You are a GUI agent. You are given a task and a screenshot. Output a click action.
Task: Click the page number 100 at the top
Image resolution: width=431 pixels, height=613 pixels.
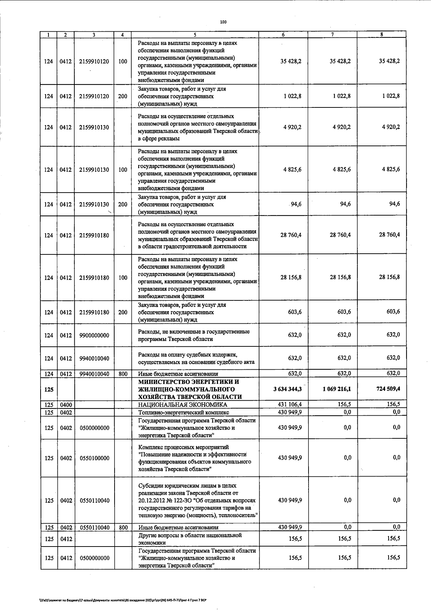[223, 22]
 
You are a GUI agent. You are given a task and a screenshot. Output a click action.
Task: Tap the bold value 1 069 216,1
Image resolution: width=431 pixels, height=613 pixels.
[337, 389]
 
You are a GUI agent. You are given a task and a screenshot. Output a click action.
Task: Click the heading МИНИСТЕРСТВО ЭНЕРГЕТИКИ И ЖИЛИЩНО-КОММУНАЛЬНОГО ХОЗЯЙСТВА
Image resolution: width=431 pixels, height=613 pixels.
[190, 389]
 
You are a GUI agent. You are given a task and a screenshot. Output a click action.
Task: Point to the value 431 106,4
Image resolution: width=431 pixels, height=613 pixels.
[290, 404]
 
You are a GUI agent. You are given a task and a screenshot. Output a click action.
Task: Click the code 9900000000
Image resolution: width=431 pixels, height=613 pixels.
[94, 336]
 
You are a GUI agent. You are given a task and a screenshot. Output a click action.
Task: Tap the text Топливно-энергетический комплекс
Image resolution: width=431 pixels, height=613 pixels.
[184, 412]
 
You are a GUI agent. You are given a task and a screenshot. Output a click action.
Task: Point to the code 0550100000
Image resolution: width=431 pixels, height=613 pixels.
[94, 458]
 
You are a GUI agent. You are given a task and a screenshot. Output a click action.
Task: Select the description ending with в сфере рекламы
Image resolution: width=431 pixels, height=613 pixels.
[197, 127]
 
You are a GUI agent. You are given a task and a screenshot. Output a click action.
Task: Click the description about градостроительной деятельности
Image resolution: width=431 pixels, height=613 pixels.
[197, 235]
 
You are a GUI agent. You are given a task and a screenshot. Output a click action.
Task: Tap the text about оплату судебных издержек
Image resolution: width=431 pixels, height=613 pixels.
[196, 358]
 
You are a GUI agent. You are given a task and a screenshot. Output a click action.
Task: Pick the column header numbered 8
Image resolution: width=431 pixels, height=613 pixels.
[381, 35]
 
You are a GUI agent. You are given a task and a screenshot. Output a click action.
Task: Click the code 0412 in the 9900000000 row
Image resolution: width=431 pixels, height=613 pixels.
[66, 336]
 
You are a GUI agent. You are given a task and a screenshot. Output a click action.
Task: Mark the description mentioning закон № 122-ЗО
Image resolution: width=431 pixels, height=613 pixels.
[198, 501]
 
